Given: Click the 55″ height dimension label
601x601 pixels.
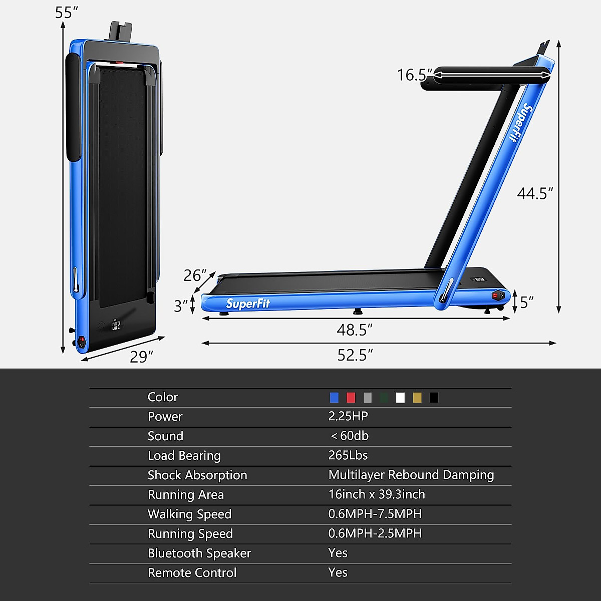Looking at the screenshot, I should tap(67, 13).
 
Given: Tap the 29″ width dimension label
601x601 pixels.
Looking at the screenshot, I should tap(141, 357).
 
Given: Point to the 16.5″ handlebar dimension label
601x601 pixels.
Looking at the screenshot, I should tap(414, 75).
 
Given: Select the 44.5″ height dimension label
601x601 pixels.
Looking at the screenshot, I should tap(535, 193).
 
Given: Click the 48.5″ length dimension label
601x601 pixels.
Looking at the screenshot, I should tap(355, 330).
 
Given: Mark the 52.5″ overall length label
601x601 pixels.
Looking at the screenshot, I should tap(355, 355).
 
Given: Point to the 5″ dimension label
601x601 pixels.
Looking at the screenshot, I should tap(526, 303).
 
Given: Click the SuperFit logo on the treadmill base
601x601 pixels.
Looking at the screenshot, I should tap(248, 304).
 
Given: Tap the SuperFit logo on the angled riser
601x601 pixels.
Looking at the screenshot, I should tap(521, 123).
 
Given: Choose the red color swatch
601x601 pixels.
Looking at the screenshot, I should tap(351, 398).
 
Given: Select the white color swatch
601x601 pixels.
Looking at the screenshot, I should tap(400, 398).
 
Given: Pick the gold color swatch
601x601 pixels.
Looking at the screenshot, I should tap(417, 398).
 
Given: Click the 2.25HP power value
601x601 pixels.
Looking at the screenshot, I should tap(348, 416).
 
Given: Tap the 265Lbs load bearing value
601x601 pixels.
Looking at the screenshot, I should tap(348, 455).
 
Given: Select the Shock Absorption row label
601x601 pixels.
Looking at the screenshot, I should tap(197, 475).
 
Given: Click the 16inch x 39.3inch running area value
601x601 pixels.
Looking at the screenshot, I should tap(377, 494).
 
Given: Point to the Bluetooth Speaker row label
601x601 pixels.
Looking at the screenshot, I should tap(199, 553).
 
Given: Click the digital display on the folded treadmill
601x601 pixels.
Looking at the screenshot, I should tap(116, 326).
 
